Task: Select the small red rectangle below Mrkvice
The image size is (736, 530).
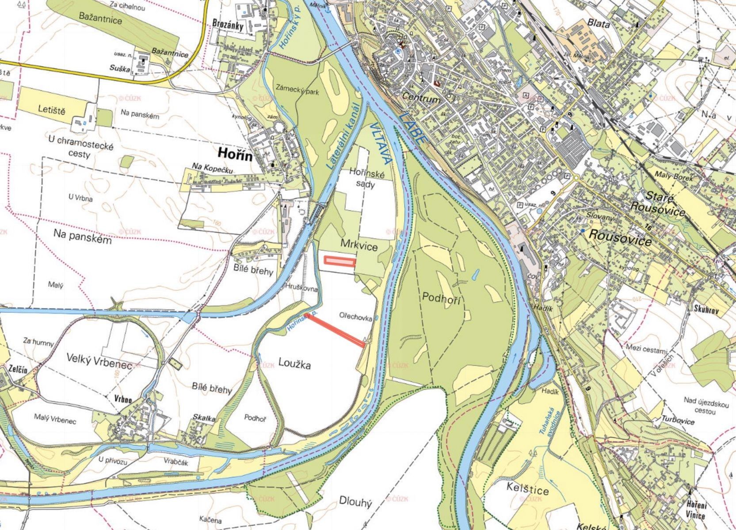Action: pyautogui.click(x=339, y=262)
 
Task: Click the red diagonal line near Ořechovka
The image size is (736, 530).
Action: pyautogui.click(x=336, y=329)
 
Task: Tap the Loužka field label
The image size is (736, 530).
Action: pyautogui.click(x=295, y=364)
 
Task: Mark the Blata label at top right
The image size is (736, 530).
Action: pyautogui.click(x=599, y=23)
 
